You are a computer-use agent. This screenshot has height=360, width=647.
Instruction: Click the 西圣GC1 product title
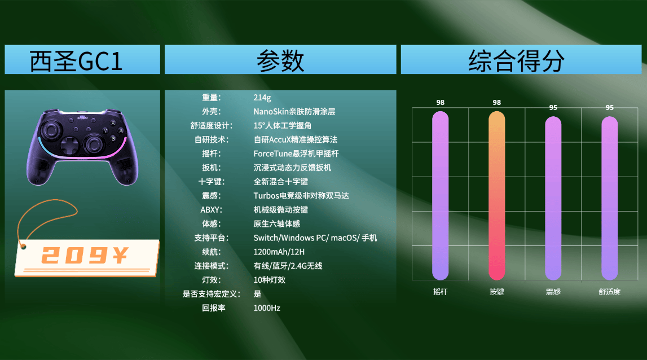pyautogui.click(x=76, y=61)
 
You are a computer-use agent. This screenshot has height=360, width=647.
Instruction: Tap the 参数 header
pyautogui.click(x=280, y=61)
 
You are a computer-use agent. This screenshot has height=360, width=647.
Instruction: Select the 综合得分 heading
pyautogui.click(x=516, y=61)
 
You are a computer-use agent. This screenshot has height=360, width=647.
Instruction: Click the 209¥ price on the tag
pyautogui.click(x=85, y=255)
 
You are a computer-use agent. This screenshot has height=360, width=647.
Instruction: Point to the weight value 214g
pyautogui.click(x=262, y=98)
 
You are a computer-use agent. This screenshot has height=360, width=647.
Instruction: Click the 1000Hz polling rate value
pyautogui.click(x=267, y=308)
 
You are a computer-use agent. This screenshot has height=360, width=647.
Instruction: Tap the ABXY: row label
pyautogui.click(x=212, y=210)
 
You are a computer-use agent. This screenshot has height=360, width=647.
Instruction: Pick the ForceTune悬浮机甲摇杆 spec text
pyautogui.click(x=296, y=153)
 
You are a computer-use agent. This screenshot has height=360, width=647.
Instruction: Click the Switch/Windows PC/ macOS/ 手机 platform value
pyautogui.click(x=315, y=238)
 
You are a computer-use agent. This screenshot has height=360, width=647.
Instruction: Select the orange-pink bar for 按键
pyautogui.click(x=497, y=196)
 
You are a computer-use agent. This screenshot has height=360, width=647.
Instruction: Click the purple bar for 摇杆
pyautogui.click(x=441, y=196)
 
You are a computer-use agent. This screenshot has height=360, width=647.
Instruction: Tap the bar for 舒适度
pyautogui.click(x=609, y=198)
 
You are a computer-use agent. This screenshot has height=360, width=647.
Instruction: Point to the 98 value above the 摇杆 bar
pyautogui.click(x=441, y=102)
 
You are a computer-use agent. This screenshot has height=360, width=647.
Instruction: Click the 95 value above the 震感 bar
pyautogui.click(x=553, y=107)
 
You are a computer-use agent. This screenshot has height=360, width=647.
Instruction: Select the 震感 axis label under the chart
pyautogui.click(x=553, y=292)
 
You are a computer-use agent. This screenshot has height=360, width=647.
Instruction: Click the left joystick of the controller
pyautogui.click(x=51, y=130)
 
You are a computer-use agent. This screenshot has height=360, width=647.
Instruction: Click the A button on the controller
pyautogui.click(x=121, y=130)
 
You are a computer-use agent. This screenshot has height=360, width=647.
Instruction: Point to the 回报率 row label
pyautogui.click(x=214, y=308)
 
